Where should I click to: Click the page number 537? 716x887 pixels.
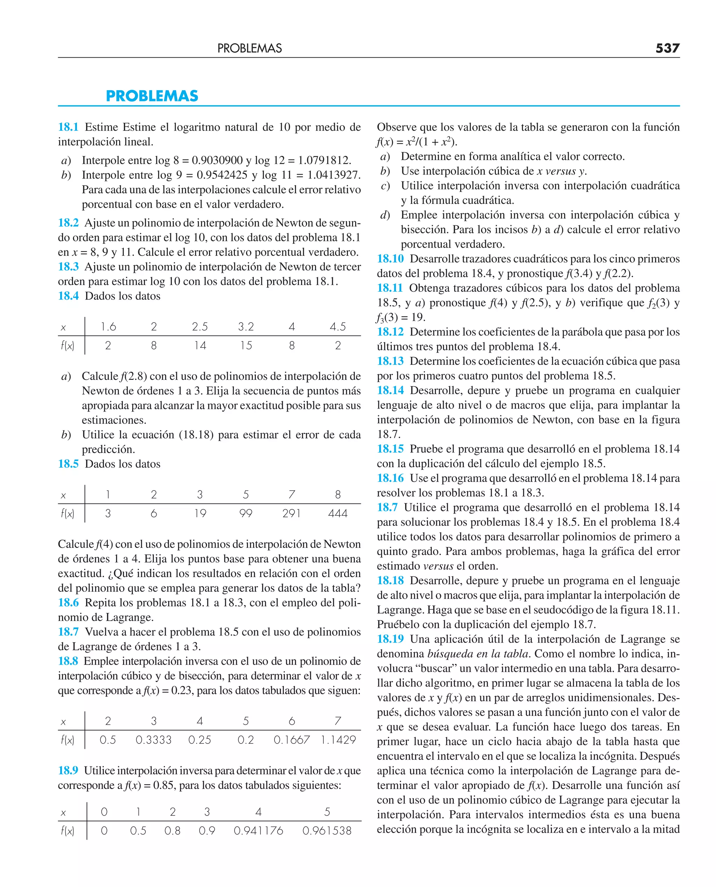tap(667, 48)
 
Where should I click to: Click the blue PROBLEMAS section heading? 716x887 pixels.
tap(152, 96)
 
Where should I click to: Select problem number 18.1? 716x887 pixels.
tap(68, 127)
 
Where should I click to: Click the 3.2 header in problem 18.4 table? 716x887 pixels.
tap(246, 327)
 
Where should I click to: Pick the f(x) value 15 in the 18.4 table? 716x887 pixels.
tap(246, 345)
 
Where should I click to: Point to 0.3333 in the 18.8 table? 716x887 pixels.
tap(153, 740)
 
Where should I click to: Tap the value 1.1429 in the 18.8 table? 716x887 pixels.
tap(338, 740)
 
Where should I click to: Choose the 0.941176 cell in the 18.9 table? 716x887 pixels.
tap(258, 830)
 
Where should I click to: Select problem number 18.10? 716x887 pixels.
tap(390, 259)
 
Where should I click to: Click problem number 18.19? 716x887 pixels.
tap(390, 639)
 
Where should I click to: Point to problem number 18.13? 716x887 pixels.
tap(390, 361)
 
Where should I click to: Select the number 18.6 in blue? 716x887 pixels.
tap(68, 603)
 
